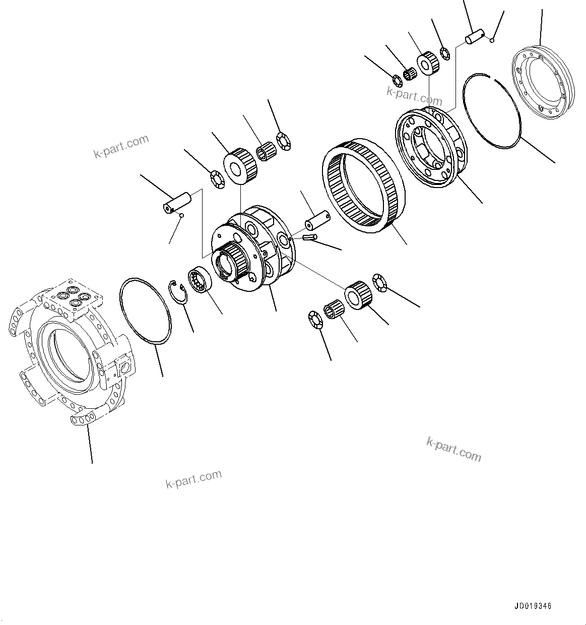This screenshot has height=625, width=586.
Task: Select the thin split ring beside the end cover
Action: click(x=492, y=111)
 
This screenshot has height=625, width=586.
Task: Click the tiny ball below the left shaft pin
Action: click(x=182, y=216)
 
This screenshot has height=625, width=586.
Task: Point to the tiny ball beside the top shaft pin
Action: click(x=492, y=40)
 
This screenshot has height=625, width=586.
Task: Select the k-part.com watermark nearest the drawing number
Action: click(x=453, y=448)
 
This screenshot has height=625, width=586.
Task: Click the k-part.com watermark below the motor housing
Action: click(x=193, y=479)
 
